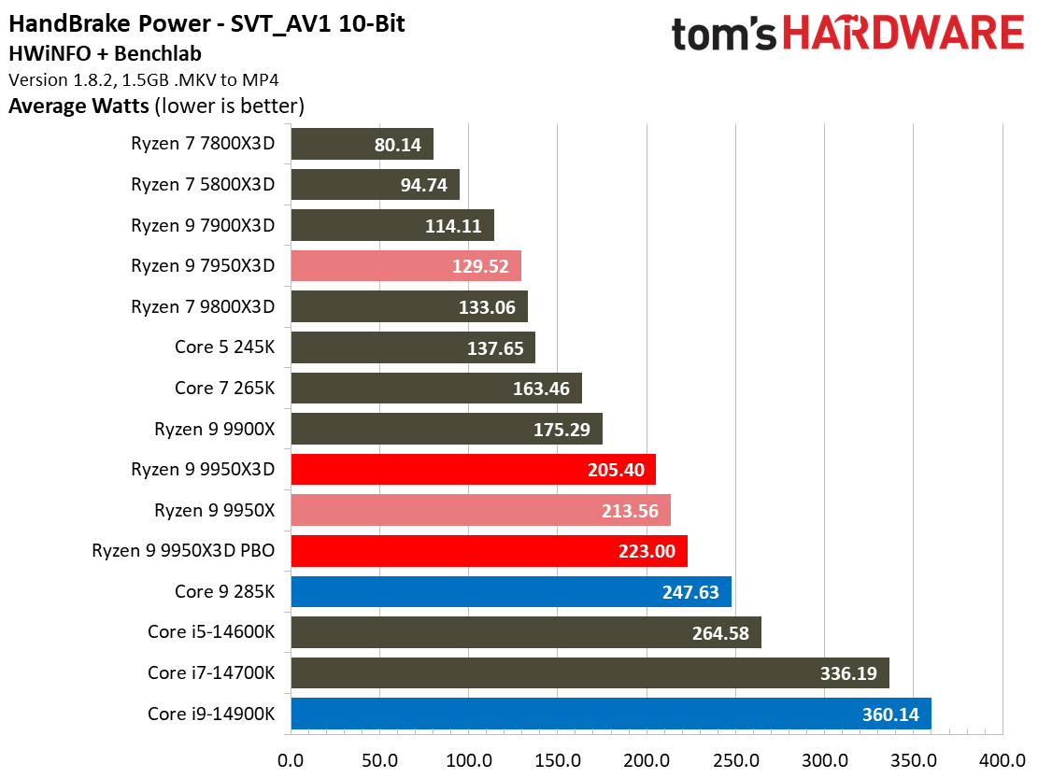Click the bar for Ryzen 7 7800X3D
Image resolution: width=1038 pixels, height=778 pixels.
362,145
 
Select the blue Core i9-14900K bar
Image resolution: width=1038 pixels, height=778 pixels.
611,714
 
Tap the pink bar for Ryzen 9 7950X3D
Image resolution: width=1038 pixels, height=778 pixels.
405,266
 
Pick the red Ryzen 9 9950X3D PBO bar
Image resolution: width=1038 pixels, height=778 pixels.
489,551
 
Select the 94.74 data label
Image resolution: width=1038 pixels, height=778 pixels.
423,185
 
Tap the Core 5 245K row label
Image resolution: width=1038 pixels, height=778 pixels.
224,347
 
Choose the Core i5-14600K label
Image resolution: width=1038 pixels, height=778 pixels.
211,632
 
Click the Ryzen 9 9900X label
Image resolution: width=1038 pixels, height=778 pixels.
215,430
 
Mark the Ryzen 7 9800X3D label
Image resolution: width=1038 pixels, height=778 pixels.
203,307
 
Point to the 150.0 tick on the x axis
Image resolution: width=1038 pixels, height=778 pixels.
558,758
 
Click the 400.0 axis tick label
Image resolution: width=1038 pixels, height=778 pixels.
1002,758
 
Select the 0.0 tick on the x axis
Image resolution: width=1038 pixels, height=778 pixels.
291,758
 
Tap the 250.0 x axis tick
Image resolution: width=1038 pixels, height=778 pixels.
735,758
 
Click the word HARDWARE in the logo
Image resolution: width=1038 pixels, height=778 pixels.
903,35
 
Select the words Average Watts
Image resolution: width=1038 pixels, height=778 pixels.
78,106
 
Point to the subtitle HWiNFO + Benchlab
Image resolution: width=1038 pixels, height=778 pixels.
104,54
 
